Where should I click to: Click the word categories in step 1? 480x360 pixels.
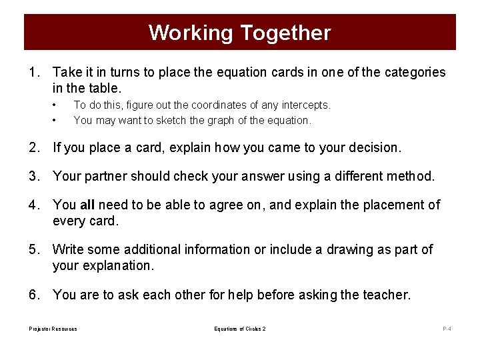pos(412,72)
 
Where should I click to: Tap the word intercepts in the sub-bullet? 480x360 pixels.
pos(306,105)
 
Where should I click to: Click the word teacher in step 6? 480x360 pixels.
pos(386,295)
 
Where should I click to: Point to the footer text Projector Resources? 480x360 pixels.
pos(53,329)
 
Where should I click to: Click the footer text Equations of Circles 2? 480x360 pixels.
pos(240,329)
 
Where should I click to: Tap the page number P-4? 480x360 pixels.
pos(447,329)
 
